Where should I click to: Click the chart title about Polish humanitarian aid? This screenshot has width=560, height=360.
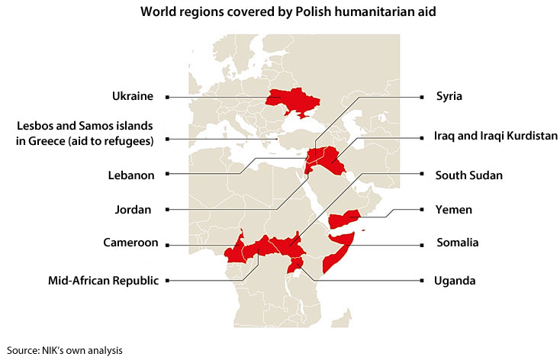(x=280, y=13)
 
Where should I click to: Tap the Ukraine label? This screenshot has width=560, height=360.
(x=133, y=97)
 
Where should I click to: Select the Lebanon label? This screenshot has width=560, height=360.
(x=131, y=175)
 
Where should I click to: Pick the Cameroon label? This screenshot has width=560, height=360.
(x=130, y=243)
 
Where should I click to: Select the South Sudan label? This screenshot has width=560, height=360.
(x=468, y=175)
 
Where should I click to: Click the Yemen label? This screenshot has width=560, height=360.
(x=453, y=210)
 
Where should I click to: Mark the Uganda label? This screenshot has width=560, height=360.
(x=455, y=281)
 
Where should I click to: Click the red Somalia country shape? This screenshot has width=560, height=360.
(x=336, y=252)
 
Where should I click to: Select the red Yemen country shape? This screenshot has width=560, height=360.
(x=343, y=219)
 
